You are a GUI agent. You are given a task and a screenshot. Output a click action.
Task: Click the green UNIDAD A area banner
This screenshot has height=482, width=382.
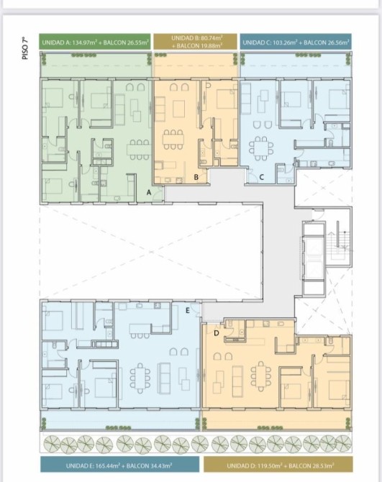tap(95, 42)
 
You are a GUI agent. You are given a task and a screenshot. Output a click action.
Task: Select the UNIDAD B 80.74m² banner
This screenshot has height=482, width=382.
tap(196, 42)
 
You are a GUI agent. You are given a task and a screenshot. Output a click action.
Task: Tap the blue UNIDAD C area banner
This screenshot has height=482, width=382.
tap(296, 42)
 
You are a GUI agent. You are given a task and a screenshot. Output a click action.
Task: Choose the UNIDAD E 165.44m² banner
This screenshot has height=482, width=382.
tap(119, 465)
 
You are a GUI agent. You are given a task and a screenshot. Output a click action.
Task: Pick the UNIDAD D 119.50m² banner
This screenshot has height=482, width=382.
tap(278, 465)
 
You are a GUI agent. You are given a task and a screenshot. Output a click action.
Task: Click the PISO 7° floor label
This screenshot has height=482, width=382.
tap(25, 48)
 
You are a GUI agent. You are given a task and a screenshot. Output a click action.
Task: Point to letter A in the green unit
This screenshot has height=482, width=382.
tap(149, 193)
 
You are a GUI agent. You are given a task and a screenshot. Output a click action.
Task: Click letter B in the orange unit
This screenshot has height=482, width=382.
tap(196, 177)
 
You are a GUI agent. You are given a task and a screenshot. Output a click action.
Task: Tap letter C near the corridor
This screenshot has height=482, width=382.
tap(262, 177)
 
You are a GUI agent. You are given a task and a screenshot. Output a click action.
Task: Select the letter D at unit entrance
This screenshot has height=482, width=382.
tap(217, 333)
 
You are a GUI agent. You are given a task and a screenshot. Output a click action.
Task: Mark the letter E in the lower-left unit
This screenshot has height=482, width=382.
tap(188, 311)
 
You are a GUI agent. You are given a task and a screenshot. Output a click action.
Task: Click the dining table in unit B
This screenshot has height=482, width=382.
tap(174, 140)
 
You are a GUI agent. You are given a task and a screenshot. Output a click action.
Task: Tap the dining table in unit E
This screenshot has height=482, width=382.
tap(140, 378)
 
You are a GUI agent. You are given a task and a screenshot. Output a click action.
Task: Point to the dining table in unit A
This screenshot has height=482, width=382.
tap(139, 150)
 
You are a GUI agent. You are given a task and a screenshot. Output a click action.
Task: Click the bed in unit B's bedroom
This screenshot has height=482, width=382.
tap(227, 99)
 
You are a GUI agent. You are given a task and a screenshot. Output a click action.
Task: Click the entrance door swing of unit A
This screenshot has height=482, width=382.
tap(158, 196)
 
